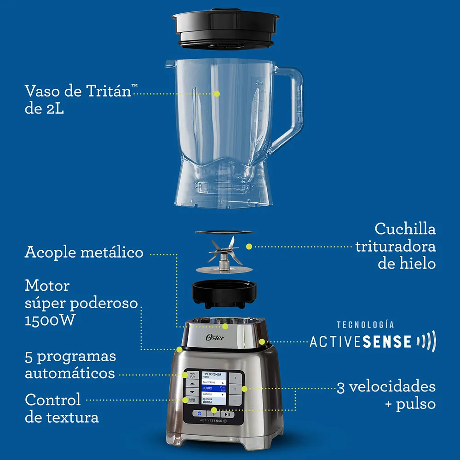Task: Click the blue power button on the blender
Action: pyautogui.click(x=199, y=414)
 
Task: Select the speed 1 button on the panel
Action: pyautogui.click(x=235, y=400)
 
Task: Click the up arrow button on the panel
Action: pyautogui.click(x=192, y=384)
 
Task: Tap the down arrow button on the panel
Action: pyautogui.click(x=192, y=392)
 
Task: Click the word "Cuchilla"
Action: pyautogui.click(x=405, y=229)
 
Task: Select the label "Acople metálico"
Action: pyautogui.click(x=84, y=253)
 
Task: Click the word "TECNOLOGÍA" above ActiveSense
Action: pyautogui.click(x=365, y=325)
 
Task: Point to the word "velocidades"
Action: pyautogui.click(x=391, y=387)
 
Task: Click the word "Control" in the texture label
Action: pyautogui.click(x=53, y=399)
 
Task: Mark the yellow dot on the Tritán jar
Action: pyautogui.click(x=217, y=93)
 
